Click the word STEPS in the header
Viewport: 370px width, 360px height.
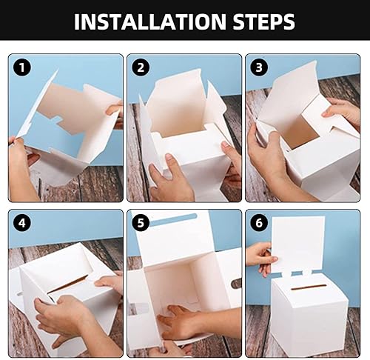[x=263, y=21]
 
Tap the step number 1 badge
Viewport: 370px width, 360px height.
[x=22, y=67]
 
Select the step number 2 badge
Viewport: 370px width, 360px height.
[x=141, y=67]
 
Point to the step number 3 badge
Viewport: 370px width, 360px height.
[x=259, y=67]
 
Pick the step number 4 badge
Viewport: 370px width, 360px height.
[x=22, y=223]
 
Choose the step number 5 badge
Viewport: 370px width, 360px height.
[x=141, y=223]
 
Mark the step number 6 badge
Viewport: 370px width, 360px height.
[x=259, y=223]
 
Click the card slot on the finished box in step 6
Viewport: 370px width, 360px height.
[x=308, y=287]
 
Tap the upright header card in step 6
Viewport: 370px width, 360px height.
[x=298, y=244]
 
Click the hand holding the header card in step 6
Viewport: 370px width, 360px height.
[x=260, y=258]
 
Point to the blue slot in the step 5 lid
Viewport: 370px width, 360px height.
[x=173, y=219]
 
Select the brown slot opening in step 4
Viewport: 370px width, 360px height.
[x=68, y=284]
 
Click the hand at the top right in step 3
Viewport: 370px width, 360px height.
[x=343, y=111]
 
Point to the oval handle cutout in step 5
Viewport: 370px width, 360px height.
[x=236, y=284]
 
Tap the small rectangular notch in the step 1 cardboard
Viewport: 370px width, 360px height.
[x=58, y=119]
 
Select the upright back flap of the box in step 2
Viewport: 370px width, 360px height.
[x=176, y=104]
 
